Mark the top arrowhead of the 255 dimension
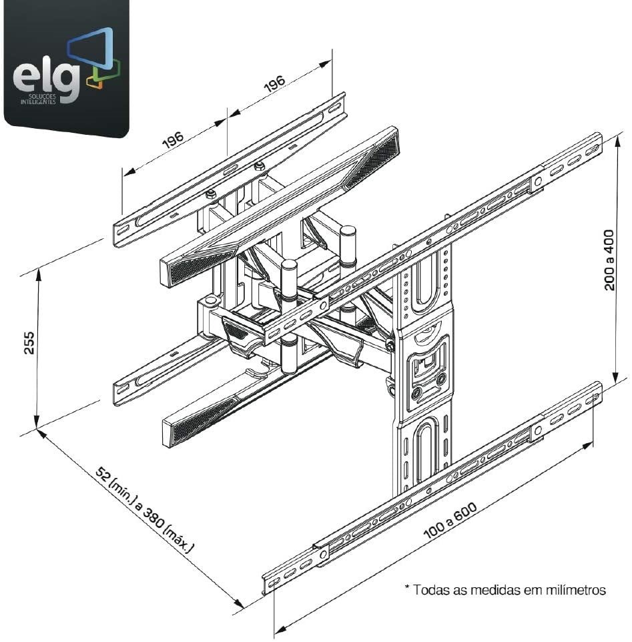[39, 273]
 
